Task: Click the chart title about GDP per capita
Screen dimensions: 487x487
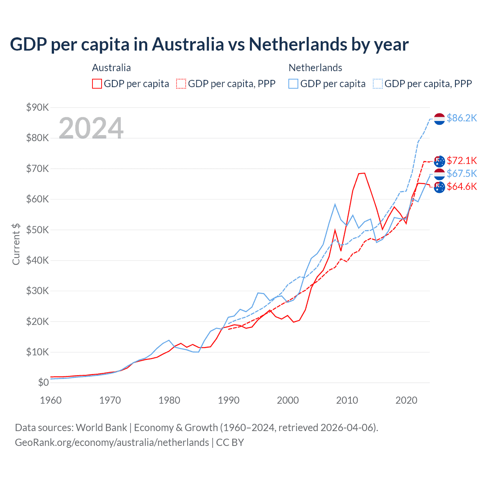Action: click(209, 44)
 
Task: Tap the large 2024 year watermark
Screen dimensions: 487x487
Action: click(91, 128)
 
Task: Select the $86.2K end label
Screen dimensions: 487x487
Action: click(462, 118)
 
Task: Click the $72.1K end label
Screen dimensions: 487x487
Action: click(462, 161)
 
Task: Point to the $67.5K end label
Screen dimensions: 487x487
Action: click(462, 173)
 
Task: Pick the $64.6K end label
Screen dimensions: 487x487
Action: click(462, 186)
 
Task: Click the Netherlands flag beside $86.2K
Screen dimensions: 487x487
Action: click(439, 119)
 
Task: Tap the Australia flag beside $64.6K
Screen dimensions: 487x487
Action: click(439, 187)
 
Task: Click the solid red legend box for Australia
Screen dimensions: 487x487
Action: click(97, 84)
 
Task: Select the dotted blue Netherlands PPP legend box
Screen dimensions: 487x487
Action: click(378, 84)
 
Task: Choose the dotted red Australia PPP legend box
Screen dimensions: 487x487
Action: click(181, 84)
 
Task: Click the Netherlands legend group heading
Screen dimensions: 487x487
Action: click(315, 68)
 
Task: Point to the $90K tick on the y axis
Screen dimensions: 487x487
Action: click(37, 107)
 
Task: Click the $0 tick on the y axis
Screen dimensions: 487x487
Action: click(43, 382)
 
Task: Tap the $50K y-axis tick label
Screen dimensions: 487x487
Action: click(37, 230)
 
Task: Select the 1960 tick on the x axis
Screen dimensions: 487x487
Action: click(51, 400)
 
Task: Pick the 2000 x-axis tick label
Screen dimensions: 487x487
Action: click(288, 400)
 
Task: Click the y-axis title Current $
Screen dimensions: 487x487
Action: click(16, 244)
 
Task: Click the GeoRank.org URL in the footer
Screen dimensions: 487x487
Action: click(112, 442)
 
